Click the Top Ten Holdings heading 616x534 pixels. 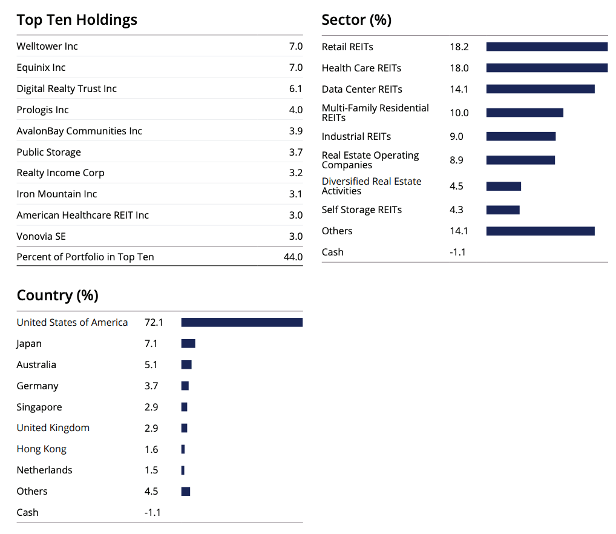77,20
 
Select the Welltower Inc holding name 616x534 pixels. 47,47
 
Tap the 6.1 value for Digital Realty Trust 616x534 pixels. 295,89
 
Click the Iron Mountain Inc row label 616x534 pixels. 57,194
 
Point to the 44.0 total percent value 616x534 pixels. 293,257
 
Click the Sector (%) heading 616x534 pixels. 356,20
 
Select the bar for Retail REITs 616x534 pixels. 546,47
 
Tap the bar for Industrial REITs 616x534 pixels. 520,137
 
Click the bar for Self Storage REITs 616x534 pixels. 503,210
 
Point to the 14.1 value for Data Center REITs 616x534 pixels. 459,90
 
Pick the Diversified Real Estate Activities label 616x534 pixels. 372,186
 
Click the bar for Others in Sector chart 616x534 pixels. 540,231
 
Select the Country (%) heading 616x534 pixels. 57,295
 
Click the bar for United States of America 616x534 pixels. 241,323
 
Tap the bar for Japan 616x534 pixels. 188,344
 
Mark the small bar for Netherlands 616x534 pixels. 183,470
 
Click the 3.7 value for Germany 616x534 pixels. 151,386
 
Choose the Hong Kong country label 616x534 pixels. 42,449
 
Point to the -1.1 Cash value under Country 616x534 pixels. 152,513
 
